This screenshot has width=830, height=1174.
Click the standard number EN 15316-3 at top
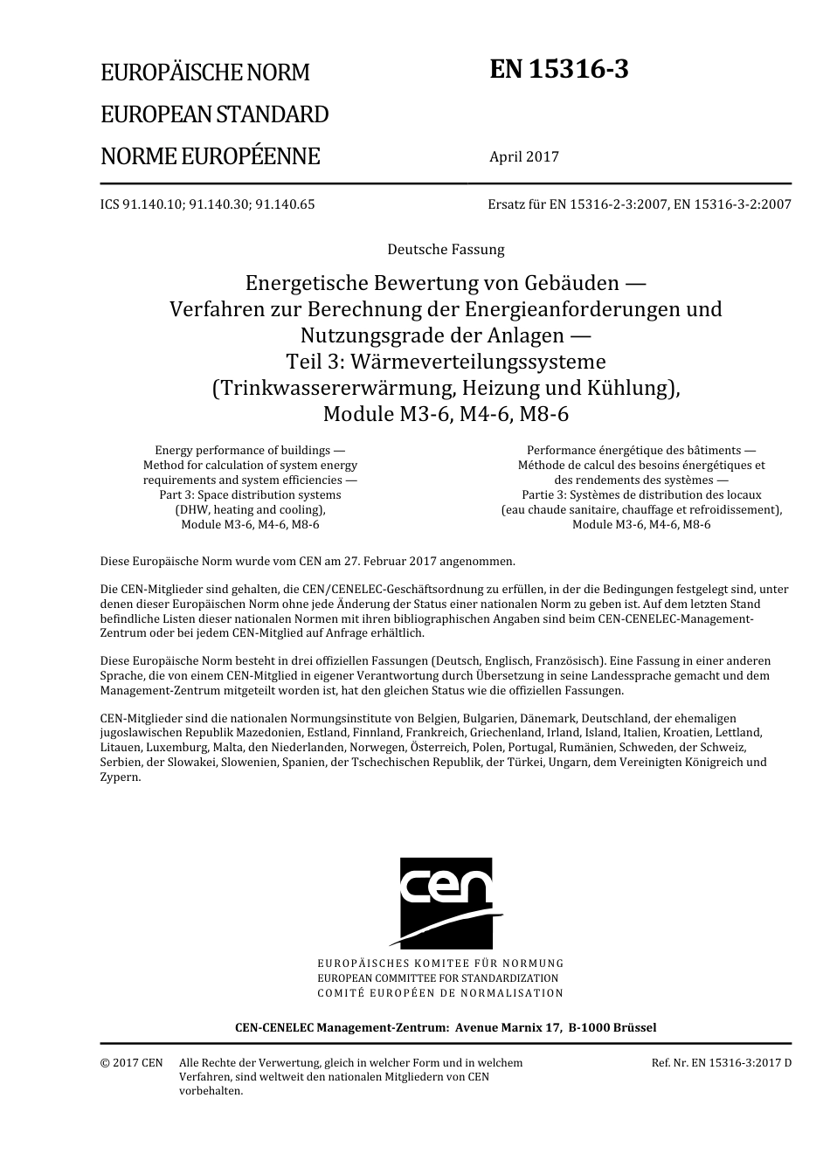[558, 70]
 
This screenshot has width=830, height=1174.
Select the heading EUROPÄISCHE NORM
[205, 73]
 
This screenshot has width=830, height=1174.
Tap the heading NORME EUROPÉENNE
[211, 156]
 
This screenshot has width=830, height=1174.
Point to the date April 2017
[523, 157]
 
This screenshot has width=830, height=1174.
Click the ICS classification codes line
[207, 204]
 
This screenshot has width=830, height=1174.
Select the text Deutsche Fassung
[446, 250]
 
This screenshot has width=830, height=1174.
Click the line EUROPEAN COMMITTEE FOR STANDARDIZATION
[438, 978]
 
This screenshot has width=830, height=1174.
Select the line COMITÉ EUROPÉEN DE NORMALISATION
[440, 993]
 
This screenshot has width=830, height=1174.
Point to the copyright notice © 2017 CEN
[131, 1063]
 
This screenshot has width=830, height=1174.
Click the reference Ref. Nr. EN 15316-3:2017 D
[721, 1063]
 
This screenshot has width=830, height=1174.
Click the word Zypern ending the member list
[121, 777]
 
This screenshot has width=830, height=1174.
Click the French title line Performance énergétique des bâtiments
[640, 451]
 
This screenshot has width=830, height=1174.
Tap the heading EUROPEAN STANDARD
[215, 114]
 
